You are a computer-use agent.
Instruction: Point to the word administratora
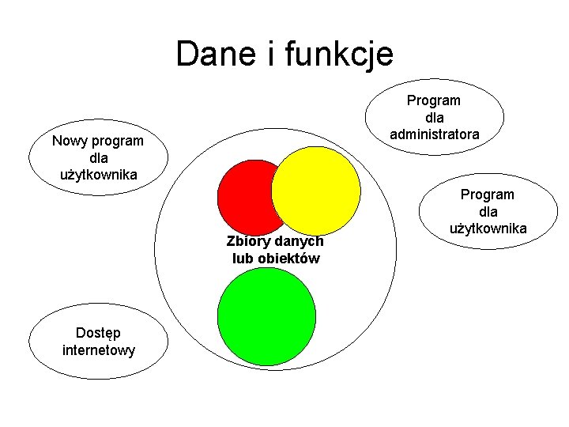coord(434,134)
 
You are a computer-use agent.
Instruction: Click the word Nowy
coord(70,142)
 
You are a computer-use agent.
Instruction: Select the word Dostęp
coord(98,333)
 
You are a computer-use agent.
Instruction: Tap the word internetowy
coord(98,350)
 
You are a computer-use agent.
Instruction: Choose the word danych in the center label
coord(299,241)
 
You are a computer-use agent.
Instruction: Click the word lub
coord(243,259)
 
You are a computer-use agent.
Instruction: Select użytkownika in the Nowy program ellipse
coord(98,175)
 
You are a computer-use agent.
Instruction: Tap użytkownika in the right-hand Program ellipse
coord(488,229)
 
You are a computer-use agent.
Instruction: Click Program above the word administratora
coord(434,100)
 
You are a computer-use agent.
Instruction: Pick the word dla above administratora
coord(434,117)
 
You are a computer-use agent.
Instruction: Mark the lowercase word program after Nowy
coord(118,142)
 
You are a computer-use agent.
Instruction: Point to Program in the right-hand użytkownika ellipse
coord(488,195)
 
